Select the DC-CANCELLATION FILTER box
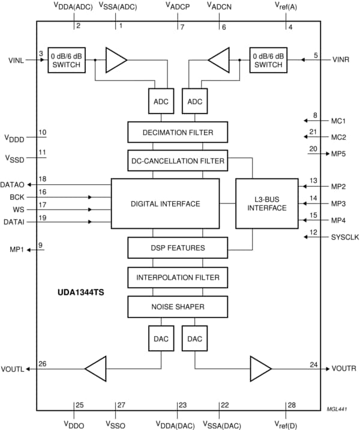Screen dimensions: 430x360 pyautogui.click(x=178, y=160)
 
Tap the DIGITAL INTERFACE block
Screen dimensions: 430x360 pyautogui.click(x=165, y=204)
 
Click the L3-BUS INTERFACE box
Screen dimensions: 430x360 pyautogui.click(x=267, y=204)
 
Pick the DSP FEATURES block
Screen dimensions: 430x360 pyautogui.click(x=178, y=247)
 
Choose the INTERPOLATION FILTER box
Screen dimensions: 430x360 pyautogui.click(x=178, y=277)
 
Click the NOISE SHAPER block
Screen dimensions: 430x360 pyautogui.click(x=178, y=307)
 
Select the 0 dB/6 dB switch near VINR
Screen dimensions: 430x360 pyautogui.click(x=268, y=59)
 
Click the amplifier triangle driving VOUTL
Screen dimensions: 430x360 pyautogui.click(x=96, y=368)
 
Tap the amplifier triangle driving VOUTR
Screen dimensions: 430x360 pyautogui.click(x=260, y=368)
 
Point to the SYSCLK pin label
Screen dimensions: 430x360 pyautogui.click(x=344, y=237)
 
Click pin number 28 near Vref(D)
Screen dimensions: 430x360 pyautogui.click(x=292, y=405)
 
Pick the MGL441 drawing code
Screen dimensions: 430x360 pyautogui.click(x=337, y=409)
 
